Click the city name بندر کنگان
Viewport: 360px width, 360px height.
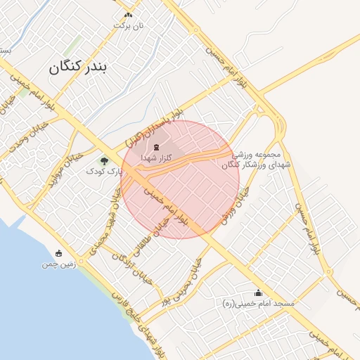(x=79, y=67)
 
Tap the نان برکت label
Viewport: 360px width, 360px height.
(x=129, y=25)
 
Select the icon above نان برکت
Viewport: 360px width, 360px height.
(x=128, y=15)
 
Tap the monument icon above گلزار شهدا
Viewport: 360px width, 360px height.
(x=155, y=148)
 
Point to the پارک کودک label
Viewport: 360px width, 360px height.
(x=109, y=171)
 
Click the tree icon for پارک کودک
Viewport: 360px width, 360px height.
(x=105, y=161)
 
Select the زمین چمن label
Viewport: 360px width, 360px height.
(x=58, y=264)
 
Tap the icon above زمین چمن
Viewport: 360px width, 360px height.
(x=58, y=253)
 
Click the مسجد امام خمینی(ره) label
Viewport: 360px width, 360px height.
(x=257, y=304)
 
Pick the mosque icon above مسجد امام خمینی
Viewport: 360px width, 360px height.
(x=257, y=293)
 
